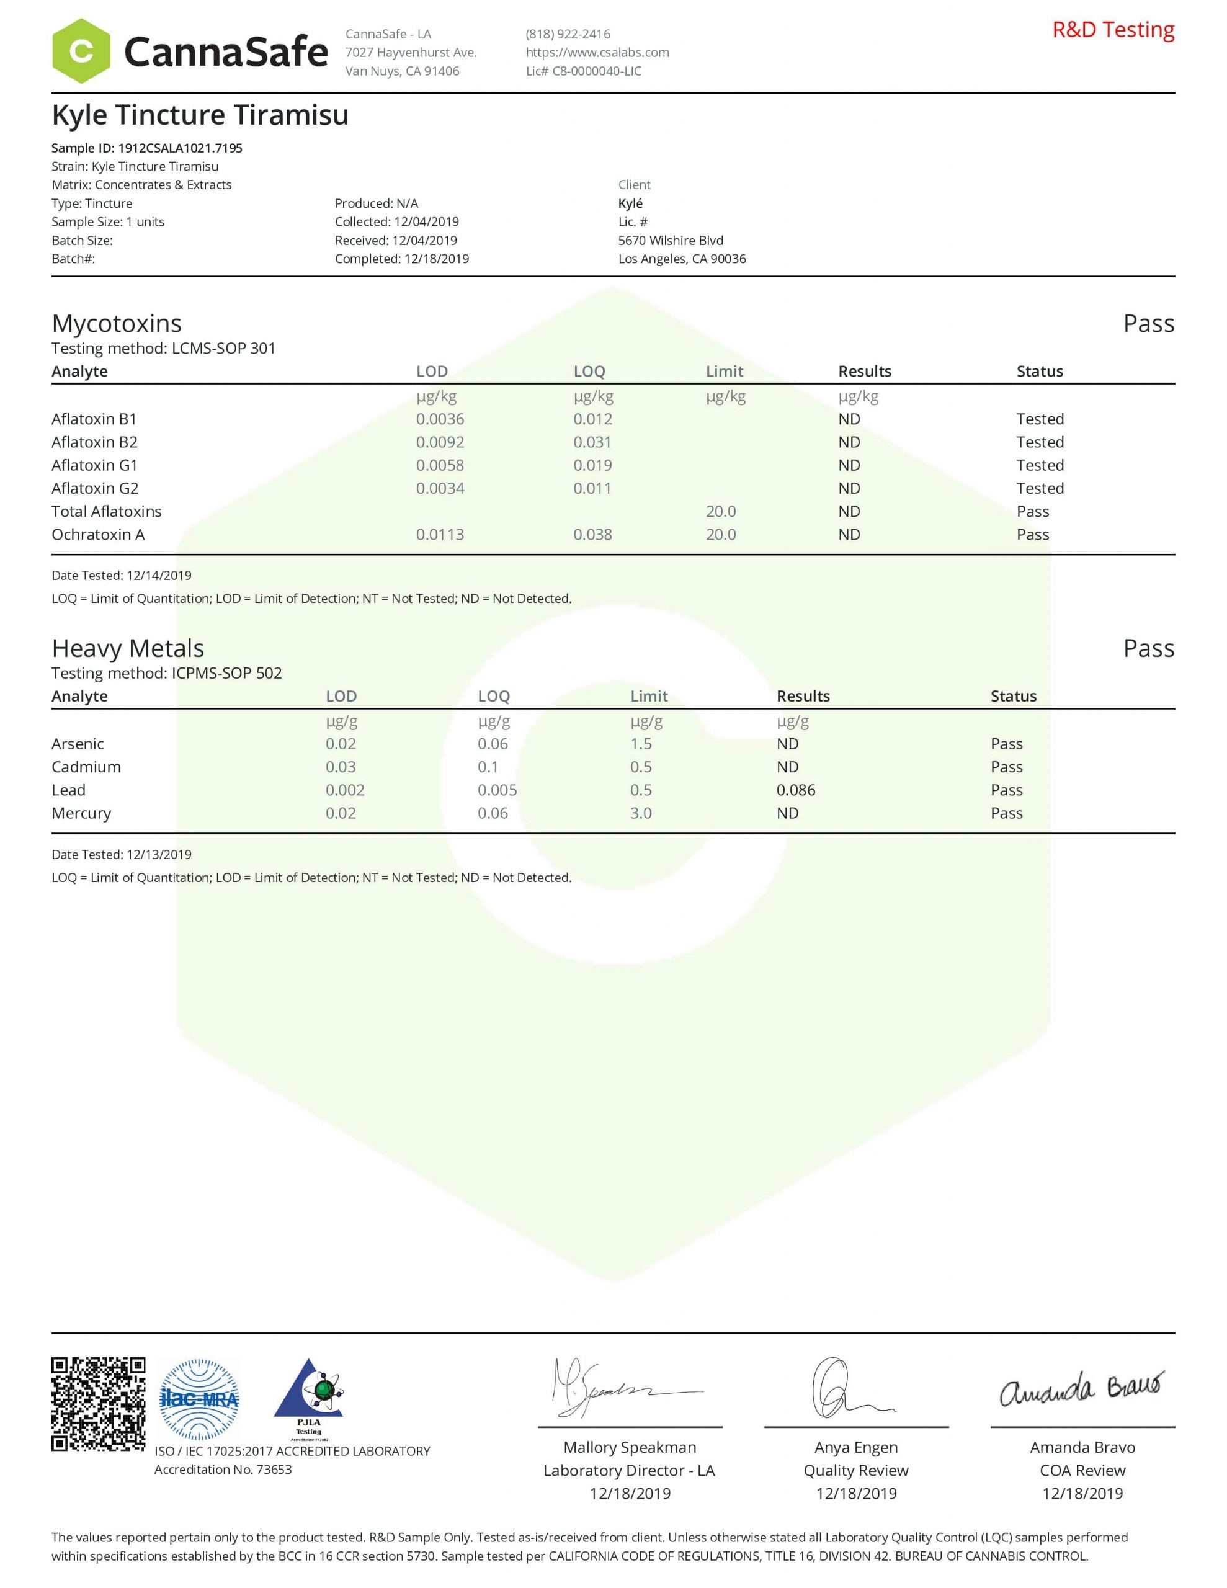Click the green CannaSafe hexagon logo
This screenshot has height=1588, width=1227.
point(81,51)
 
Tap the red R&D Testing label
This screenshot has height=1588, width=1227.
point(1113,30)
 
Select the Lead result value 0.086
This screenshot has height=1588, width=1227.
point(795,790)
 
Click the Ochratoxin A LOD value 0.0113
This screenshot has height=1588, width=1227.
point(439,535)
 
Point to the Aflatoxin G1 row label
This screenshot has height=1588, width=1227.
point(94,465)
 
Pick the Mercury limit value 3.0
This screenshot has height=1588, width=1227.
point(640,813)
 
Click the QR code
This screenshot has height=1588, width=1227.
point(98,1403)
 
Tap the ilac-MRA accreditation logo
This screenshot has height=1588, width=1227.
point(199,1399)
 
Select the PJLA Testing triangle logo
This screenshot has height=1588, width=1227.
point(308,1398)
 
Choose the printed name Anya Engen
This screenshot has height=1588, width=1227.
point(855,1447)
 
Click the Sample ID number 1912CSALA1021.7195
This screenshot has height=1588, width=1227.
point(180,148)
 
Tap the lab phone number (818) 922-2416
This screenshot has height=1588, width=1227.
point(568,34)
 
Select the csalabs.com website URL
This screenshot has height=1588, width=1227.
point(597,52)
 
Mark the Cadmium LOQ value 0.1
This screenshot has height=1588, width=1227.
point(488,767)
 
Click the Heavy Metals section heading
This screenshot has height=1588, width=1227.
point(128,648)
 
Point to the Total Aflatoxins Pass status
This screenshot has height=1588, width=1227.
point(1032,511)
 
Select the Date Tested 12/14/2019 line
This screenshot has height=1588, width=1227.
point(122,575)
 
